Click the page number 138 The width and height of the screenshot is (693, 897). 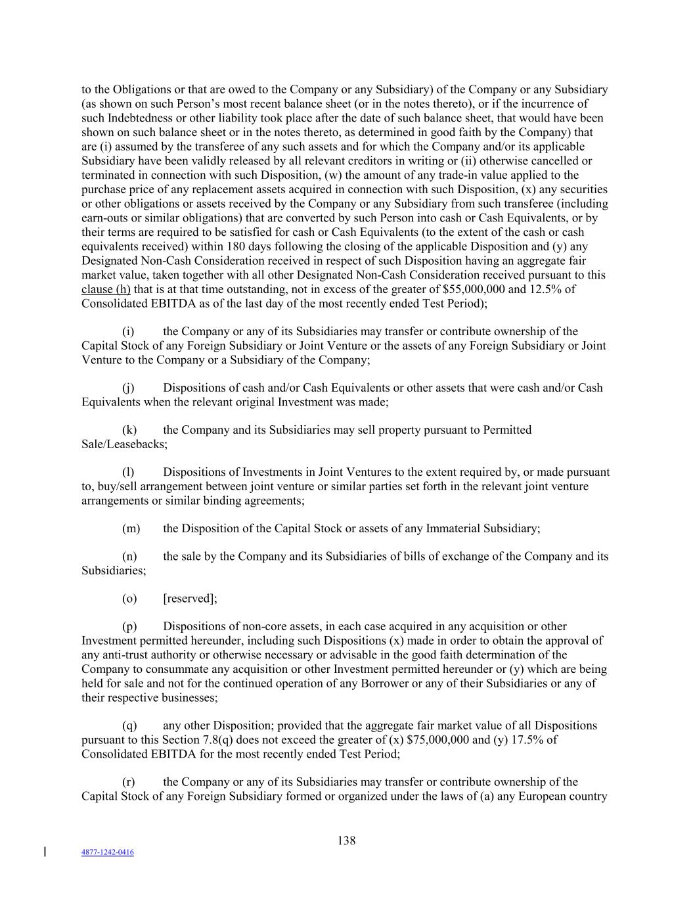346,840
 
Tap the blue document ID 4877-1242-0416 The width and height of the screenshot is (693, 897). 107,852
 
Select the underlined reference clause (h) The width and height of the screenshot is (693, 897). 106,290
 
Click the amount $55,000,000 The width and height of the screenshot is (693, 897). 480,290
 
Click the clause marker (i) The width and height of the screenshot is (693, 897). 129,332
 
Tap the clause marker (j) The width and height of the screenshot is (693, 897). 129,388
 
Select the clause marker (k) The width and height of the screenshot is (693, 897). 129,430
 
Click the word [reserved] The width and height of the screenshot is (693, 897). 189,599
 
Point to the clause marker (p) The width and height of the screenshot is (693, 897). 129,627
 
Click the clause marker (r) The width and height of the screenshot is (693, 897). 129,782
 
